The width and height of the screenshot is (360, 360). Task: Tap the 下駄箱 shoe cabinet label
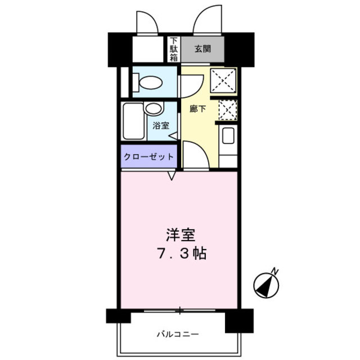click(x=174, y=49)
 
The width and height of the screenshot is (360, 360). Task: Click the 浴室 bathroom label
click(x=161, y=126)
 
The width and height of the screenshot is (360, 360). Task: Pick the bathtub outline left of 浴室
click(x=133, y=121)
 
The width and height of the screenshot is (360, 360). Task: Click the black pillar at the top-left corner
click(x=120, y=49)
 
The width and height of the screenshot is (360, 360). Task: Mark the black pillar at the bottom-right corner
click(x=237, y=321)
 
